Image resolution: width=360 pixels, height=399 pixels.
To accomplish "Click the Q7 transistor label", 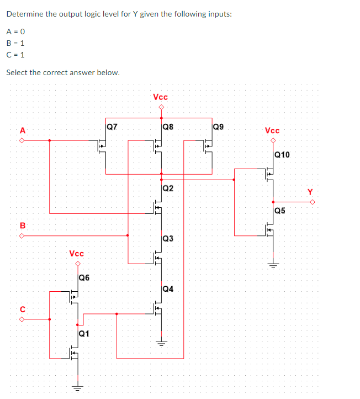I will click(112, 127).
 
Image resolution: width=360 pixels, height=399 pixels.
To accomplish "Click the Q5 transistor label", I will click(280, 211).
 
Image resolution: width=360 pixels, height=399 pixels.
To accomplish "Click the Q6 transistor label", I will click(84, 277).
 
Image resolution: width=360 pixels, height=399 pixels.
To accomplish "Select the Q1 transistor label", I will click(84, 333).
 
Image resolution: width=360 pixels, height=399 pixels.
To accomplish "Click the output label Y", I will click(310, 192).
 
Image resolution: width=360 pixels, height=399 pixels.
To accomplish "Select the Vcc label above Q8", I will click(161, 97).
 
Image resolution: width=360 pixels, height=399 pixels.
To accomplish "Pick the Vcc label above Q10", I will click(272, 131).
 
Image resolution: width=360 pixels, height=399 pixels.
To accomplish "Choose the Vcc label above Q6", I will click(77, 254).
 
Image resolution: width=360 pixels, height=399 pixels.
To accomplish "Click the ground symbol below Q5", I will click(272, 264).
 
